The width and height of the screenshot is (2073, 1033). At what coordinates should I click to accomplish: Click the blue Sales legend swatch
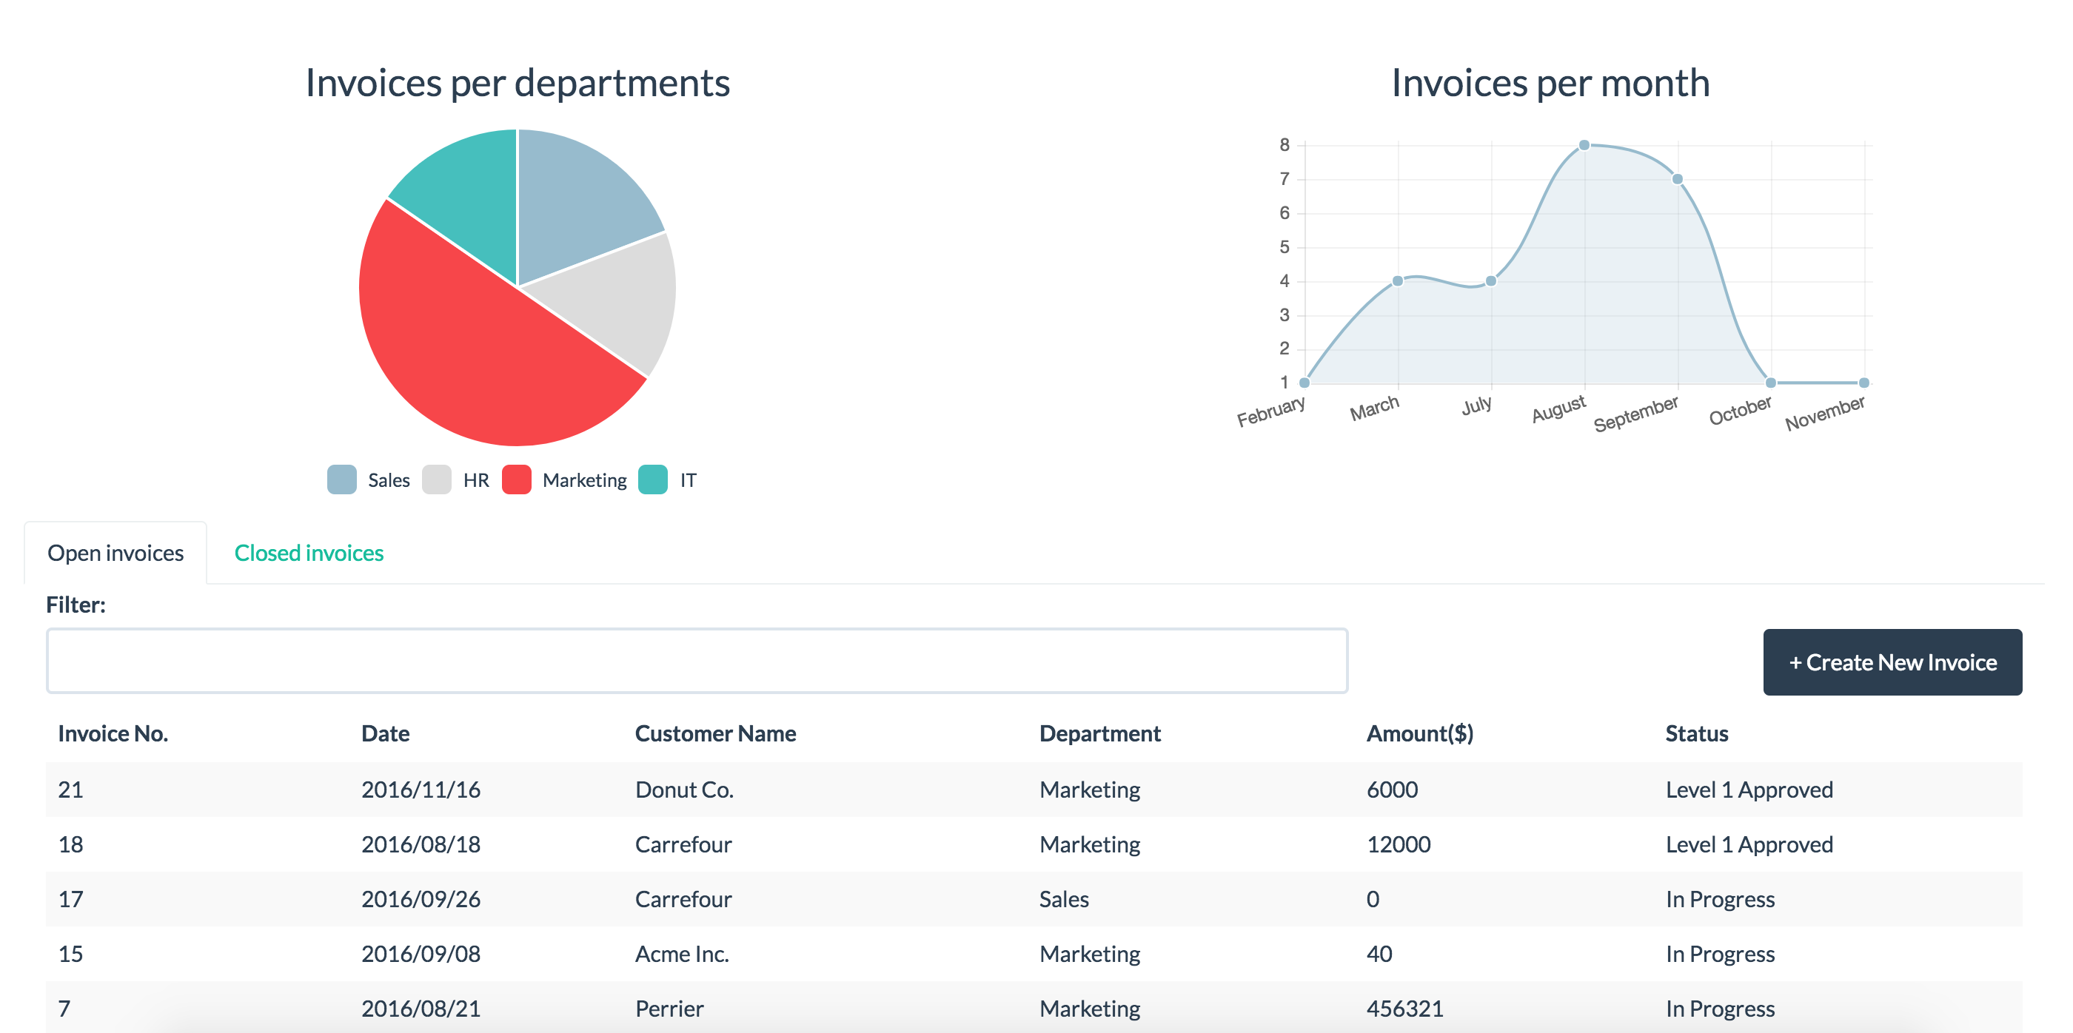pyautogui.click(x=342, y=480)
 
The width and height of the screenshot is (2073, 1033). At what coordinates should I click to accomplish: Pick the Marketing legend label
pyautogui.click(x=584, y=480)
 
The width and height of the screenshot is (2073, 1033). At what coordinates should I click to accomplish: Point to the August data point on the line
pyautogui.click(x=1584, y=145)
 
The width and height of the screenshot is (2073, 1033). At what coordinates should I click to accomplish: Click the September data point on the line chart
pyautogui.click(x=1677, y=178)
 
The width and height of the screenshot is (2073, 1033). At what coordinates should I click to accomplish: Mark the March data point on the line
pyautogui.click(x=1398, y=280)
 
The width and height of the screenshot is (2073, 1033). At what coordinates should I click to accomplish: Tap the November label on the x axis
pyautogui.click(x=1824, y=413)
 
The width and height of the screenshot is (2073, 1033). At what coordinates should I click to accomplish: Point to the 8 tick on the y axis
pyautogui.click(x=1285, y=145)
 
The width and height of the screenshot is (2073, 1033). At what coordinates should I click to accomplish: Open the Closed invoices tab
pyautogui.click(x=309, y=553)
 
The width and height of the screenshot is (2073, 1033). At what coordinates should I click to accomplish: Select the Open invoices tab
pyautogui.click(x=116, y=553)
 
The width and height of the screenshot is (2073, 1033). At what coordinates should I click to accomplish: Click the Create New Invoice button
pyautogui.click(x=1892, y=662)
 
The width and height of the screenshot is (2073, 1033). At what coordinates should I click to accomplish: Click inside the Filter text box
pyautogui.click(x=697, y=661)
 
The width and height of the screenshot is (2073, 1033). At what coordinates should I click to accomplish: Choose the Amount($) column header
pyautogui.click(x=1419, y=734)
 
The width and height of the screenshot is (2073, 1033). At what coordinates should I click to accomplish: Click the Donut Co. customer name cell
pyautogui.click(x=684, y=790)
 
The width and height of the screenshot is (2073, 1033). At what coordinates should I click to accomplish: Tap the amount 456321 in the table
pyautogui.click(x=1404, y=1009)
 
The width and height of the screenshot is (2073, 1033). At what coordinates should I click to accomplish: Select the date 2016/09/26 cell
pyautogui.click(x=421, y=900)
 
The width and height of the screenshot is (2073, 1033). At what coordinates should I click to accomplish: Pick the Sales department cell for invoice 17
pyautogui.click(x=1064, y=900)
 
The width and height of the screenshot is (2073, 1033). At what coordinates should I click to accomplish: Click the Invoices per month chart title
pyautogui.click(x=1551, y=83)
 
